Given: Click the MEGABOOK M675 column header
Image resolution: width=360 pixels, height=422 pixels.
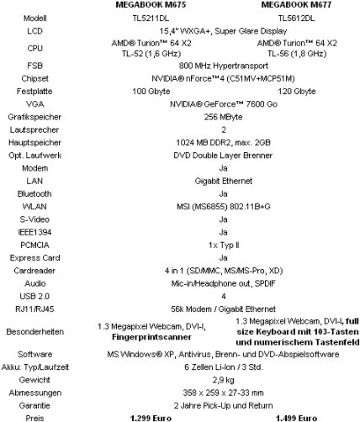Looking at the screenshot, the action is click(x=151, y=5).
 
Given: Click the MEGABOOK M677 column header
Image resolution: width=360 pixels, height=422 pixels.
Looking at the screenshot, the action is click(x=296, y=5).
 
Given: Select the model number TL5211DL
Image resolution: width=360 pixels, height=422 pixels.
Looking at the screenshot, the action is click(x=151, y=18).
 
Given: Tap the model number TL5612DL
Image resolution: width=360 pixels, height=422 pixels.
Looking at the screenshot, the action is click(x=296, y=18).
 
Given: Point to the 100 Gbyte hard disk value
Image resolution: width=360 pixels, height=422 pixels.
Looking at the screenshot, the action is click(x=151, y=92).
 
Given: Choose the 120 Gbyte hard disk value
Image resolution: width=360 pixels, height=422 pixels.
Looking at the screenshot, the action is click(x=297, y=92).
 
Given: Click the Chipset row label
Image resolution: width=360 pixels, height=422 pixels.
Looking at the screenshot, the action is click(x=34, y=78).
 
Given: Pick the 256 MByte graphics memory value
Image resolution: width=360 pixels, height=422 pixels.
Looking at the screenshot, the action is click(x=223, y=117).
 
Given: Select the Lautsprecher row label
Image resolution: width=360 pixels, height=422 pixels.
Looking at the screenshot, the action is click(x=34, y=129).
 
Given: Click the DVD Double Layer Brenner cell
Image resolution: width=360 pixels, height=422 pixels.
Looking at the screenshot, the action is click(x=223, y=156).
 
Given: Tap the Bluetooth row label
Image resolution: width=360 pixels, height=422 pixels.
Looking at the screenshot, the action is click(x=34, y=193).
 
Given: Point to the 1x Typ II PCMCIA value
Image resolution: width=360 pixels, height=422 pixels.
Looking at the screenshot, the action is click(x=224, y=245).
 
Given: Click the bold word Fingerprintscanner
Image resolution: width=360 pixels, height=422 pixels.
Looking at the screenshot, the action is click(x=151, y=337).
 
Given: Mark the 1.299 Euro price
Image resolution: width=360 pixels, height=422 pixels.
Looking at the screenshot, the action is click(x=151, y=419).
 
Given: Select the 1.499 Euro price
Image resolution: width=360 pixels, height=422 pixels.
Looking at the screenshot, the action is click(x=297, y=419).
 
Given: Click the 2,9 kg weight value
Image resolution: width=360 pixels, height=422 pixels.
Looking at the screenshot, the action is click(x=223, y=380).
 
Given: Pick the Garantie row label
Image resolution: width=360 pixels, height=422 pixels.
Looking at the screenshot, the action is click(x=34, y=405).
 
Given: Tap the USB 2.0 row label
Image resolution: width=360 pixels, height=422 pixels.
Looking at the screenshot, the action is click(x=34, y=296).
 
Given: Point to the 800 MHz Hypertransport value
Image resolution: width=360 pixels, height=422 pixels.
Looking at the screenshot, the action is click(x=224, y=66).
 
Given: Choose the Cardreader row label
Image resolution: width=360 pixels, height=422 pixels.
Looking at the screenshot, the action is click(x=34, y=271).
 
